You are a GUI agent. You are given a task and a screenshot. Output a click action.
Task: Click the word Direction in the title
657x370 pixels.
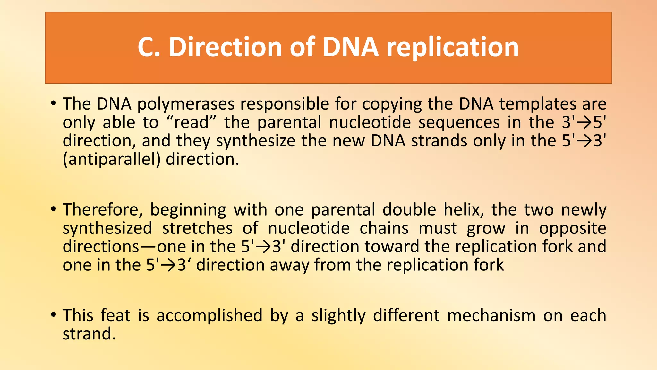pyautogui.click(x=225, y=47)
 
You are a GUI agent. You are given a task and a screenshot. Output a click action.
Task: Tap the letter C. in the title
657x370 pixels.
pyautogui.click(x=149, y=47)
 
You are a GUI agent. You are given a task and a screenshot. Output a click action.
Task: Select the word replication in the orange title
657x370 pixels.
pyautogui.click(x=452, y=47)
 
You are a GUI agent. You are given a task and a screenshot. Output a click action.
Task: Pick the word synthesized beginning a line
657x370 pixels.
pyautogui.click(x=107, y=228)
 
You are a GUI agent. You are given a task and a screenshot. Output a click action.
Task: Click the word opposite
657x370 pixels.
pyautogui.click(x=572, y=228)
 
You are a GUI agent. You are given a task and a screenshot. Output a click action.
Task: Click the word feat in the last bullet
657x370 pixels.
pyautogui.click(x=115, y=315)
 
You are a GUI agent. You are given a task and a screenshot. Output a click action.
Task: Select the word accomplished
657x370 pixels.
pyautogui.click(x=209, y=315)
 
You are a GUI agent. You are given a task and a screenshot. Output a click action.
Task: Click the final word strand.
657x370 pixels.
pyautogui.click(x=89, y=334)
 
